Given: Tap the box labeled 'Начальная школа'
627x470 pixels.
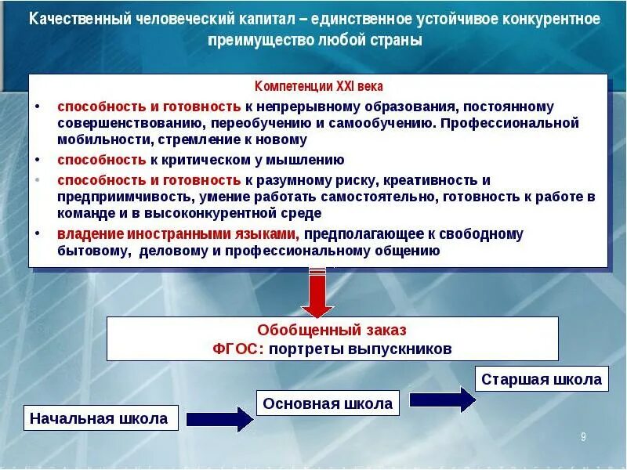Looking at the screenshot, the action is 99,418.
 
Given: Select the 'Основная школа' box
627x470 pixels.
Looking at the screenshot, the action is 328,403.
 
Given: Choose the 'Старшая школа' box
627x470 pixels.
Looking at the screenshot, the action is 541,379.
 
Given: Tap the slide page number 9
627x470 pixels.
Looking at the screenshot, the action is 583,436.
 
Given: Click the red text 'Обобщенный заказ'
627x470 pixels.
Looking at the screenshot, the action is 332,330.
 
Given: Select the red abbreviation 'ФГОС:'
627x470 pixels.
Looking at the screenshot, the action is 238,349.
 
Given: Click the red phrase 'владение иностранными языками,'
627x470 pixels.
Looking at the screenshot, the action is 177,233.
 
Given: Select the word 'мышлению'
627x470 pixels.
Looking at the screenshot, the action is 304,160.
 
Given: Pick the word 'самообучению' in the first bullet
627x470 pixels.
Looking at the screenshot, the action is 388,124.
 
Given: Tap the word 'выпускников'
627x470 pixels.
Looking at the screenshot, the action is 400,349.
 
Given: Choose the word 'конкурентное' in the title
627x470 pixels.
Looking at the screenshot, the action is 549,18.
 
